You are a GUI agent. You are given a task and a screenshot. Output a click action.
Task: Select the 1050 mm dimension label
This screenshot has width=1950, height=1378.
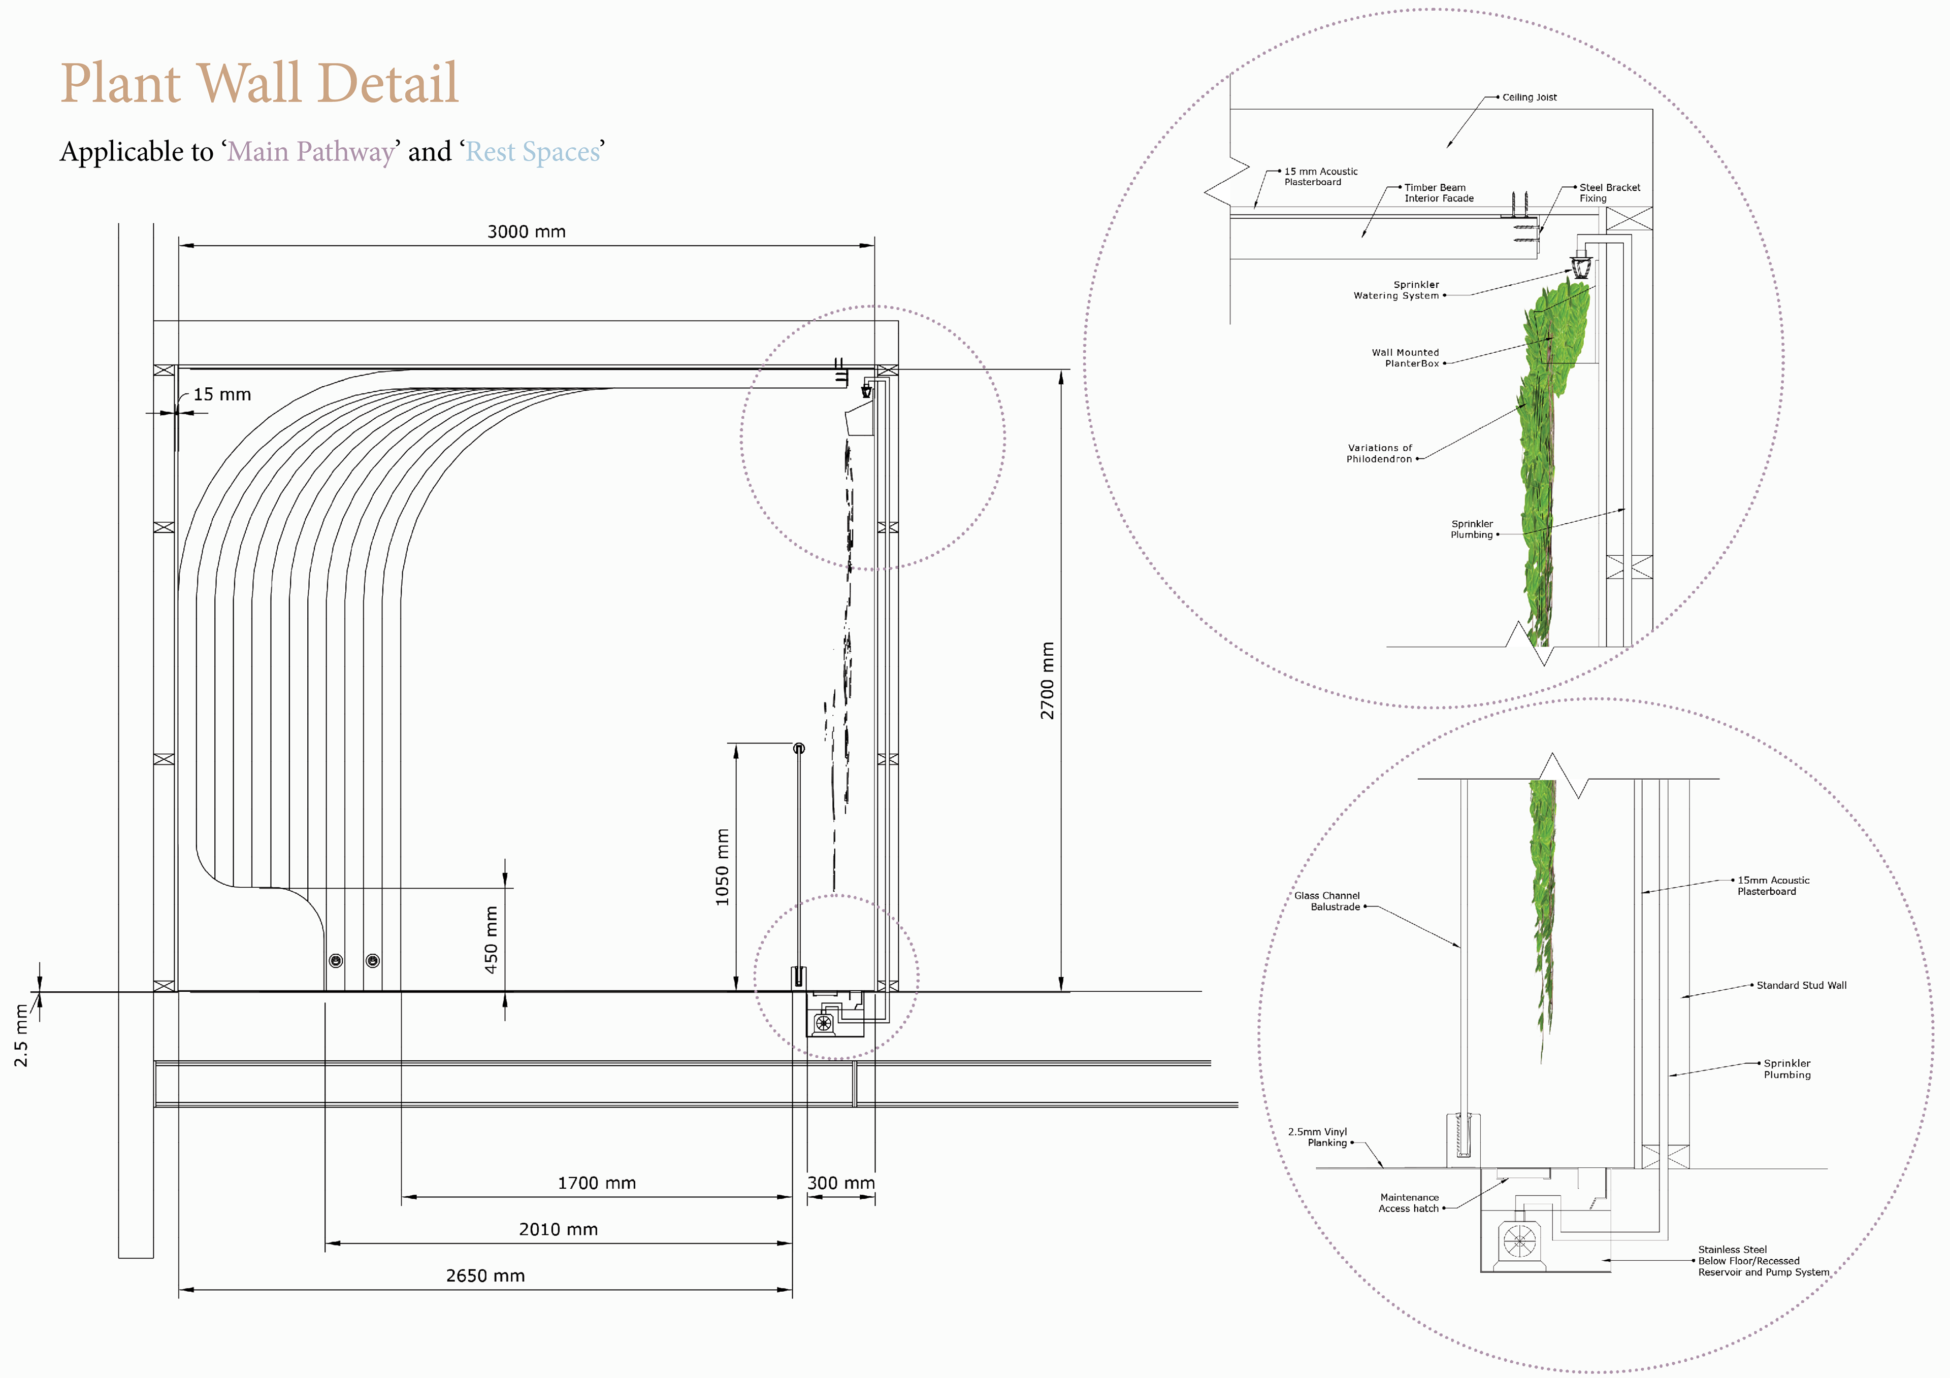(722, 867)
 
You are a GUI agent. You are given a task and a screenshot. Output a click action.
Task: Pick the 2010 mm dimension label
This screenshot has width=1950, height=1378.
(558, 1229)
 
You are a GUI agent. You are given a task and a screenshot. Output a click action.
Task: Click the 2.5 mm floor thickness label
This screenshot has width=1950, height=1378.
(21, 1035)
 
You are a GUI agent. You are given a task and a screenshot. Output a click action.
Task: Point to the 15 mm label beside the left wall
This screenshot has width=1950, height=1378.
(222, 395)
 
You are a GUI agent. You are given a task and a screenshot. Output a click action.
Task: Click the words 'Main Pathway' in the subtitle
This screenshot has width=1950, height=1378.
(311, 152)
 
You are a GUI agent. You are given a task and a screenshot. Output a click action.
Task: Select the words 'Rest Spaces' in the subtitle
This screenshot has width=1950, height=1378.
(533, 152)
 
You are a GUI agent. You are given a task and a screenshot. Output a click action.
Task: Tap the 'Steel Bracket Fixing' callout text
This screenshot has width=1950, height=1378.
(1609, 193)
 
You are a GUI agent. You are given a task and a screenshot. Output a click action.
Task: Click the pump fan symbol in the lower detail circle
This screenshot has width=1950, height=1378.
(1518, 1241)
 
